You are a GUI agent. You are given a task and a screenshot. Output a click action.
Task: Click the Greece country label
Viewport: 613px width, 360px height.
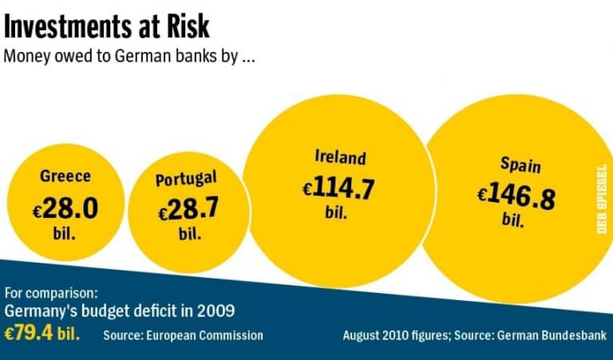click(65, 176)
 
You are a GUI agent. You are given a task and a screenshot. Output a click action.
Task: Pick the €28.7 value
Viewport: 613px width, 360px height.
click(188, 211)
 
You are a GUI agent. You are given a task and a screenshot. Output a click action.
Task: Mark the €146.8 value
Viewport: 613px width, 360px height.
click(516, 196)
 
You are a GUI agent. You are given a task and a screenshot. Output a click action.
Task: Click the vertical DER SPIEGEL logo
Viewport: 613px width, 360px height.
click(601, 195)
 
